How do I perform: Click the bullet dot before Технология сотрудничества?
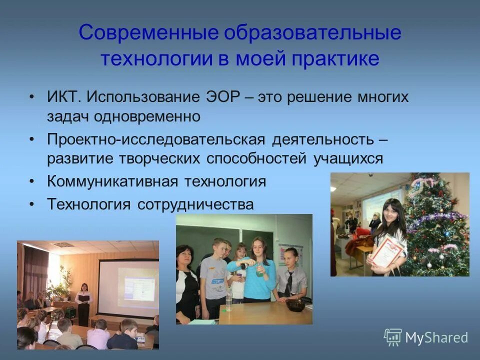coord(32,204)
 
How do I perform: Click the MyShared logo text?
coord(436,338)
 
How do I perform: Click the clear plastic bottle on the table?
coord(229,300)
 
